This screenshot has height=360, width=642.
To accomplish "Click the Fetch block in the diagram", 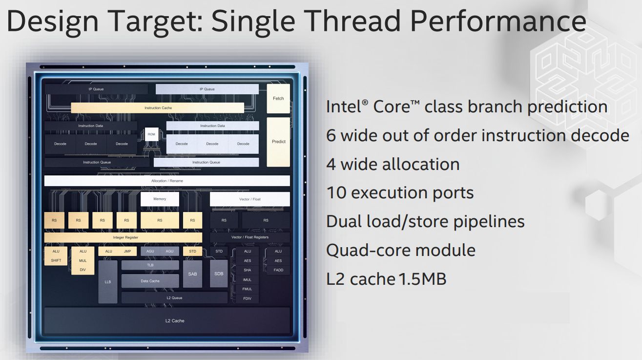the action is click(278, 98).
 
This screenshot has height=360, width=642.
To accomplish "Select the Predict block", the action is click(278, 142).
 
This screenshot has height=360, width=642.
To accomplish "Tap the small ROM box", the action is click(151, 134).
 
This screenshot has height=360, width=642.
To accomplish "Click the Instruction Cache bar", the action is click(158, 108).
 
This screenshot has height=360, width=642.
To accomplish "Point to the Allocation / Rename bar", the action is click(167, 181).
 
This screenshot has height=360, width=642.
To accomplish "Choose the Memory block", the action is click(160, 199).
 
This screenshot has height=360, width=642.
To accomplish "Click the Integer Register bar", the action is click(123, 237).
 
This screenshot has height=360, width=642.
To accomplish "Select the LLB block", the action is click(108, 282).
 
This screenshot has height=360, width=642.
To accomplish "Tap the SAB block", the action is click(192, 274).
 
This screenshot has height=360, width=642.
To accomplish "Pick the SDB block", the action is click(219, 274).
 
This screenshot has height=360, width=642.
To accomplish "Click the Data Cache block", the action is click(150, 281).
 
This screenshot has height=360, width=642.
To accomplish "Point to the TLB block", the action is click(150, 265).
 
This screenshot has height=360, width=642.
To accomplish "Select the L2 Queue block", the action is click(175, 298).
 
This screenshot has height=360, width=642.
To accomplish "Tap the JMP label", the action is click(127, 251).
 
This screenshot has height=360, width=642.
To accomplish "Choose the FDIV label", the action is click(247, 298).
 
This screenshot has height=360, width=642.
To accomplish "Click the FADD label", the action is click(278, 270).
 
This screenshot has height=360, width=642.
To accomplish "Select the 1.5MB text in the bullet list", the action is click(422, 279).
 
